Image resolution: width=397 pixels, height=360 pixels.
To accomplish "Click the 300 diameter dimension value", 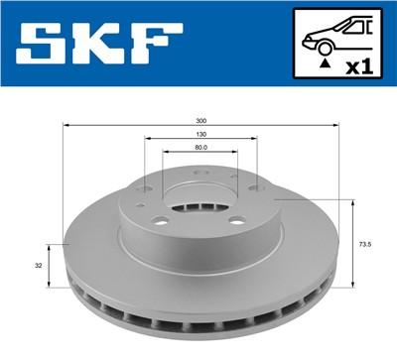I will click(x=202, y=120).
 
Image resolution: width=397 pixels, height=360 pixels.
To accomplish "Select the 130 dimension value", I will click(x=202, y=135).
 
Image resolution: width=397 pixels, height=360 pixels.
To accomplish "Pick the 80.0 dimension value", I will click(x=202, y=150).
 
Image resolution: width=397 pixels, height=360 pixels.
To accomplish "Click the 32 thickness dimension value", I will click(x=38, y=266).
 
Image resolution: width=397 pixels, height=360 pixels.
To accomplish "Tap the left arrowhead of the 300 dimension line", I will click(x=66, y=126).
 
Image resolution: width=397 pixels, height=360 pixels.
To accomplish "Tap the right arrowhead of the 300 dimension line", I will click(x=339, y=126).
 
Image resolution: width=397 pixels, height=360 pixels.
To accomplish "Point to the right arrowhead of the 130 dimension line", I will click(x=255, y=141).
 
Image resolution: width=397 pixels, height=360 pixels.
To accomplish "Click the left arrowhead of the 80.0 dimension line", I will click(x=166, y=156).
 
